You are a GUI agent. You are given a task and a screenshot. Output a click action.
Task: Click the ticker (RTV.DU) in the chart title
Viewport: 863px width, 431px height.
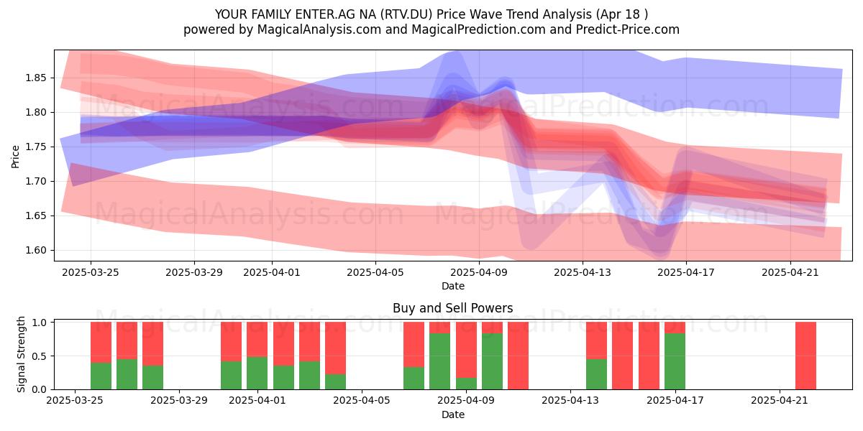pos(406,14)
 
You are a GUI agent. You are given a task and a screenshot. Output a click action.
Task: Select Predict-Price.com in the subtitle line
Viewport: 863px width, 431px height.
pos(628,29)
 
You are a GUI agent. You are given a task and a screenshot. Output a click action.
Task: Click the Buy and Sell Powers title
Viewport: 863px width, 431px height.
pos(452,308)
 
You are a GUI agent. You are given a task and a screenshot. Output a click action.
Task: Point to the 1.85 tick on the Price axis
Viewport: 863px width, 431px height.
pos(36,78)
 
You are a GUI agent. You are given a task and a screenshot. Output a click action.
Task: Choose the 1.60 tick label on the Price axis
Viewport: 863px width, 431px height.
pos(36,250)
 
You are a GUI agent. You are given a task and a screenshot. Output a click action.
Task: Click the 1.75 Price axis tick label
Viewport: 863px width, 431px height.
pos(36,147)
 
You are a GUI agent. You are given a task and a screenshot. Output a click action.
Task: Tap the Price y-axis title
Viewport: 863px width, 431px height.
pos(15,157)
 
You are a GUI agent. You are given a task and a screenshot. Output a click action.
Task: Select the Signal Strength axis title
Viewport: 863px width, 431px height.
pos(21,354)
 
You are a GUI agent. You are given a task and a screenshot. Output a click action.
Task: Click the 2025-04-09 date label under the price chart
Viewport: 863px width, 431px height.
pos(479,272)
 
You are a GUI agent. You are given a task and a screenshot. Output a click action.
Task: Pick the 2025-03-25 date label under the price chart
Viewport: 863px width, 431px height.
pos(91,272)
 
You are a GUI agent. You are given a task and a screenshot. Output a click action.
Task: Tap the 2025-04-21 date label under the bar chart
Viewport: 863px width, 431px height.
pos(780,401)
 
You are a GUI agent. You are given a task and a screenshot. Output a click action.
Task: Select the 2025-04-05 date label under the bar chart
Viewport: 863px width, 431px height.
pos(362,401)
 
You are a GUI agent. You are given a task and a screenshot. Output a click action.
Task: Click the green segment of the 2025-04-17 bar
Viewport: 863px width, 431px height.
pos(675,361)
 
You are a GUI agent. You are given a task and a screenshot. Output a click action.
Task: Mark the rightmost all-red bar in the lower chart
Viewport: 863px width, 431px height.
pos(805,356)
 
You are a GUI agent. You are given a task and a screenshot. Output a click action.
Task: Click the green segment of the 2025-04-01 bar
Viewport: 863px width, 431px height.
pos(257,373)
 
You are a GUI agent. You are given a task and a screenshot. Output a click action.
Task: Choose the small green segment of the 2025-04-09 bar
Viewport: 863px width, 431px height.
pos(466,384)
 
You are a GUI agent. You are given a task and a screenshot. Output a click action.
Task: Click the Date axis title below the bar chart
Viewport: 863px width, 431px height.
pos(452,414)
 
